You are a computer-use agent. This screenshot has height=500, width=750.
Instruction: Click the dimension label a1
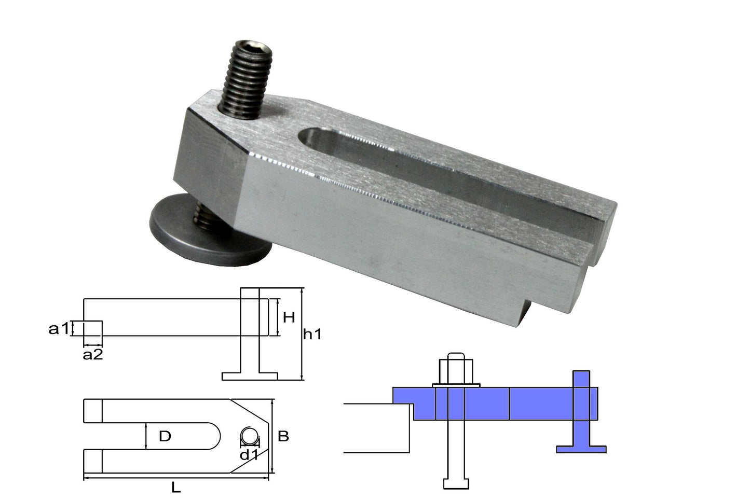[x=58, y=328]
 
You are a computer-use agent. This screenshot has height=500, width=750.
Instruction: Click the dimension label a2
[x=93, y=355]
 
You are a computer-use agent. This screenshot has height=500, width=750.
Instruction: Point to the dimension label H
[x=289, y=316]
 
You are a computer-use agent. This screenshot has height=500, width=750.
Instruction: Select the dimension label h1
[x=312, y=335]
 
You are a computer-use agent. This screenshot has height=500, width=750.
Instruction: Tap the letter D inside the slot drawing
[x=165, y=436]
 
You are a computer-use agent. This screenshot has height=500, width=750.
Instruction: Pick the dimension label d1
[x=249, y=455]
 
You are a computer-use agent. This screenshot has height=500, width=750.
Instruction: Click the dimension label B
[x=283, y=436]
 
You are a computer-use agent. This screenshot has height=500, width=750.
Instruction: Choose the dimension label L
[x=176, y=488]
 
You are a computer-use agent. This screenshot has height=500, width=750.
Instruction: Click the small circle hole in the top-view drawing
[x=250, y=436]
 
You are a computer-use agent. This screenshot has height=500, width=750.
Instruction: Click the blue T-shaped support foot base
[x=581, y=449]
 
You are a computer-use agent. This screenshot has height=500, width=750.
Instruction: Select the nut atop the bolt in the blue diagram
[x=455, y=371]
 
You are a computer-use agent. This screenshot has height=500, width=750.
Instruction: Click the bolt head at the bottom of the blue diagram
[x=456, y=483]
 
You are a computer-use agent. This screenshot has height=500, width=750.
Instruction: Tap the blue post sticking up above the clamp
[x=581, y=379]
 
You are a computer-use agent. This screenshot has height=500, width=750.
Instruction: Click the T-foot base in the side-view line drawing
[x=250, y=376]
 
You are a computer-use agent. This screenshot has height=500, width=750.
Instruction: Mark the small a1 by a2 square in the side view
[x=93, y=328]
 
